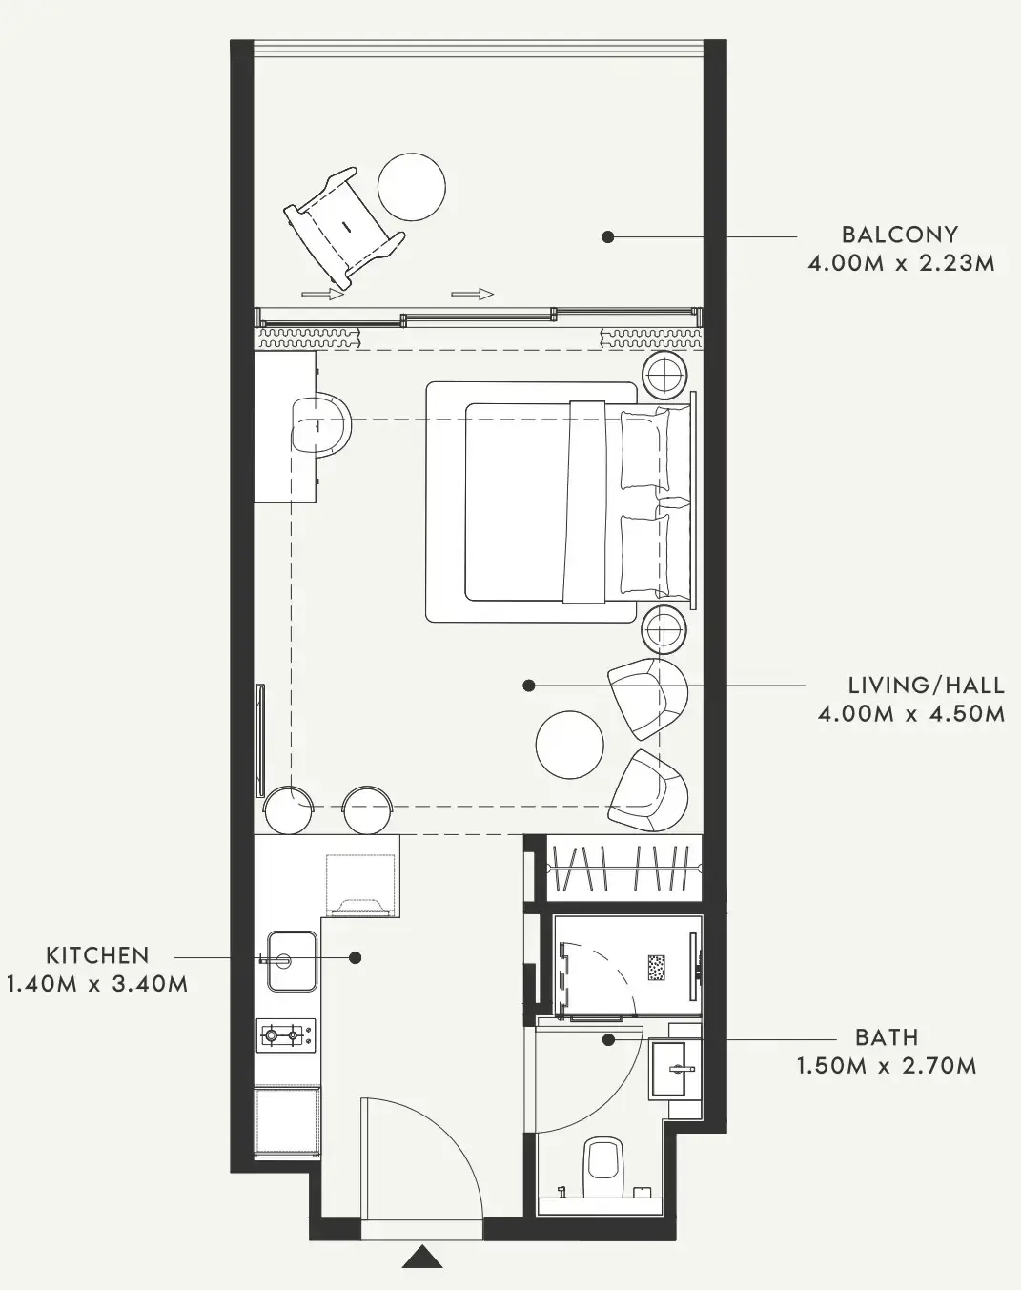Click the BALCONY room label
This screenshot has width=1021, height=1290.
pyautogui.click(x=900, y=235)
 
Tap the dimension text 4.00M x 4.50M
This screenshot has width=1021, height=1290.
pyautogui.click(x=911, y=714)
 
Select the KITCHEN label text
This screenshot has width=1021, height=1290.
pyautogui.click(x=98, y=955)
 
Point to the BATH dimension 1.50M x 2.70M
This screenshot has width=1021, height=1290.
pyautogui.click(x=887, y=1065)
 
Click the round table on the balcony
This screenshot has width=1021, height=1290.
pyautogui.click(x=412, y=187)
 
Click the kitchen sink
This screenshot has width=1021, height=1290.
pyautogui.click(x=292, y=961)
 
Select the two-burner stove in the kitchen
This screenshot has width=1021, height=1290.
pyautogui.click(x=286, y=1034)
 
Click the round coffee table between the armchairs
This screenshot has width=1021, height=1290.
pyautogui.click(x=569, y=745)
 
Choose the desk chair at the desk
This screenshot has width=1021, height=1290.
pyautogui.click(x=321, y=425)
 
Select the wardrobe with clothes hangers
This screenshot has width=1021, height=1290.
pyautogui.click(x=624, y=868)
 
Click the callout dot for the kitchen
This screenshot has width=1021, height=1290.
pyautogui.click(x=356, y=958)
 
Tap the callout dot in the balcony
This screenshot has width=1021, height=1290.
pyautogui.click(x=608, y=237)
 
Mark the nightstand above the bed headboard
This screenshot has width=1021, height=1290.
pyautogui.click(x=664, y=376)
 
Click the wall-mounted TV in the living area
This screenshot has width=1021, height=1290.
pyautogui.click(x=261, y=741)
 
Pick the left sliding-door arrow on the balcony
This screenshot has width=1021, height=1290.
pyautogui.click(x=323, y=294)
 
